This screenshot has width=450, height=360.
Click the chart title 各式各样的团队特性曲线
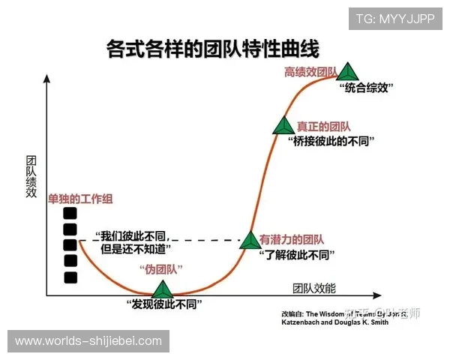(x=213, y=49)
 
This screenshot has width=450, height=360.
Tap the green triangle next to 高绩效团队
(x=346, y=71)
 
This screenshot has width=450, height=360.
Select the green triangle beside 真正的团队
(x=283, y=126)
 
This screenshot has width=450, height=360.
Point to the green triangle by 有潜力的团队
(x=250, y=240)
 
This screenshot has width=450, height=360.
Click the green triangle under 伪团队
(x=162, y=289)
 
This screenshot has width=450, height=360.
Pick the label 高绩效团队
(x=310, y=72)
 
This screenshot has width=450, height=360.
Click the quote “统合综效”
(x=367, y=88)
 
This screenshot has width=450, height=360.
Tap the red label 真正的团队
(x=323, y=126)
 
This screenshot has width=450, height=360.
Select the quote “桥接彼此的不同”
(x=331, y=141)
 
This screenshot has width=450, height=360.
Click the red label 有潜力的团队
(x=292, y=240)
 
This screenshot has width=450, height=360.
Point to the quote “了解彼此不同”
(x=295, y=255)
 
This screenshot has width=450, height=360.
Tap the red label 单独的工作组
(x=80, y=199)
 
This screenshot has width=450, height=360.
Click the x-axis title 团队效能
(x=314, y=288)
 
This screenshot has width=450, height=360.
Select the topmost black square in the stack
(x=70, y=213)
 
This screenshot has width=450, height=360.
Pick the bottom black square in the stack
(x=70, y=277)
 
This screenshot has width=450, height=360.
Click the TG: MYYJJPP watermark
(x=394, y=19)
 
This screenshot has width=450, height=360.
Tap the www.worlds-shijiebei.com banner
(x=88, y=341)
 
